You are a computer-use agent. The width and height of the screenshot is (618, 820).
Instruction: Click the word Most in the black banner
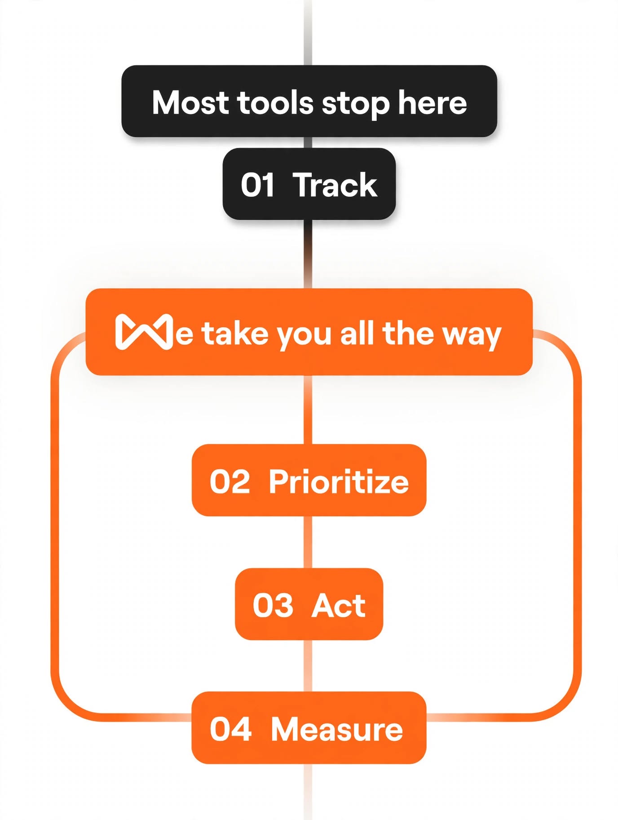coord(191,102)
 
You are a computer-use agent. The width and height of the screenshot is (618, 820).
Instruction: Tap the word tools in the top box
coord(275,102)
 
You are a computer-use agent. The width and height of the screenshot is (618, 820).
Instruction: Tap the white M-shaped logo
coord(144,332)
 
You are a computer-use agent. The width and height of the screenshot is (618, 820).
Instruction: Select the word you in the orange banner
coord(305,337)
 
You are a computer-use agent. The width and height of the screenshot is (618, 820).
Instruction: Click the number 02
coord(230,481)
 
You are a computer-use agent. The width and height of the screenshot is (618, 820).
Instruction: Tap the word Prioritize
coord(339,481)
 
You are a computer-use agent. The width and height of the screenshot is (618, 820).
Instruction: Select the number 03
coord(273,605)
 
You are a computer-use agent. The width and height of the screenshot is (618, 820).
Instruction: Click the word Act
coord(339,605)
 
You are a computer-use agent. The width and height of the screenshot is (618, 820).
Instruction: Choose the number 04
coord(230,729)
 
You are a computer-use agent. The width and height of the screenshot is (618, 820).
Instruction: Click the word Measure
coord(337,729)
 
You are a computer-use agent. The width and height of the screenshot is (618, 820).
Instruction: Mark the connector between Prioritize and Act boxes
coord(308,542)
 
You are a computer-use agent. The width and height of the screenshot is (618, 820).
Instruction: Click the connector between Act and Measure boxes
coord(308,666)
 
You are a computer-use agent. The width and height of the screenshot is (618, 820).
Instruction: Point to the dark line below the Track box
coord(308,254)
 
